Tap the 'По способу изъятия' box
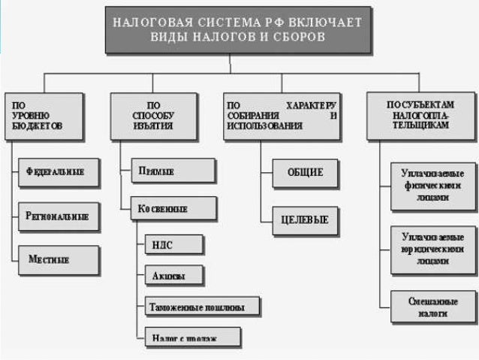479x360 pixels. (x=153, y=116)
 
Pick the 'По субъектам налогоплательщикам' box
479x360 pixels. (x=420, y=116)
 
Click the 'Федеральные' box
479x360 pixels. (x=59, y=171)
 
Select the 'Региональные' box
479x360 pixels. (x=59, y=216)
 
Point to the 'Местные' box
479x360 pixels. (x=59, y=259)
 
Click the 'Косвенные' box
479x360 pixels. (x=173, y=207)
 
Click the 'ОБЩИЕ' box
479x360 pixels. (x=305, y=172)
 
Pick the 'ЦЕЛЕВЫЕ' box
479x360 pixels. (x=305, y=221)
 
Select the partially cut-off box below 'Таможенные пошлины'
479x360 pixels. (x=191, y=336)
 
